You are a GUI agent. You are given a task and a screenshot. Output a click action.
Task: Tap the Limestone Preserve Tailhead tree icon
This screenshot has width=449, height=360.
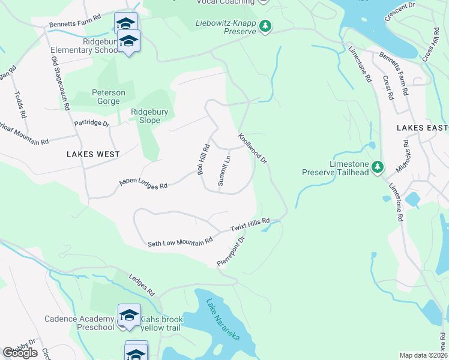click(377, 166)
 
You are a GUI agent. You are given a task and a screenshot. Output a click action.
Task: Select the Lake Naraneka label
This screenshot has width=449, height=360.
click(222, 319)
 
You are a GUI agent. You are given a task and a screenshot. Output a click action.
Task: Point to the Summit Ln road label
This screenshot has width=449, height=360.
click(224, 171)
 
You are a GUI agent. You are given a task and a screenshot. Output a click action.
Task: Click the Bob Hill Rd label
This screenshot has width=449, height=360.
click(203, 160)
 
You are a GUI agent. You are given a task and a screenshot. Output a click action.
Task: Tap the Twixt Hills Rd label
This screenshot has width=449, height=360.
click(250, 225)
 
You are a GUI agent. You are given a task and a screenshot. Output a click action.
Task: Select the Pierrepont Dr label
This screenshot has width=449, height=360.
click(232, 251)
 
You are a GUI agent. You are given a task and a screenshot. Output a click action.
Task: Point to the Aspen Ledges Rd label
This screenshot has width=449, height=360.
click(143, 182)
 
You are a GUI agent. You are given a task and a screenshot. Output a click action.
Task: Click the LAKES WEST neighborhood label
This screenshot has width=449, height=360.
click(93, 154)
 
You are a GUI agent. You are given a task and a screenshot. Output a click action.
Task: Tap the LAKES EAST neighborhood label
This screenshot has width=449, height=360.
click(422, 128)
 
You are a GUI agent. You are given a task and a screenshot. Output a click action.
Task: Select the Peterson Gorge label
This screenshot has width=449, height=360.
click(108, 97)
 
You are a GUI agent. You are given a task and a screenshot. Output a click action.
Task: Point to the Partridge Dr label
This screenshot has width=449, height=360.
click(91, 124)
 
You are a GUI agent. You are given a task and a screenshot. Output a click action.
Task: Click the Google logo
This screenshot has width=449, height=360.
click(20, 353)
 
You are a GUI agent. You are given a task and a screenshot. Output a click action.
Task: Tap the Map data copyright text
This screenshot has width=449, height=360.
click(423, 355)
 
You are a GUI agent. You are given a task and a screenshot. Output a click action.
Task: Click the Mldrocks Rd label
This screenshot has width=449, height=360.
click(406, 155)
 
